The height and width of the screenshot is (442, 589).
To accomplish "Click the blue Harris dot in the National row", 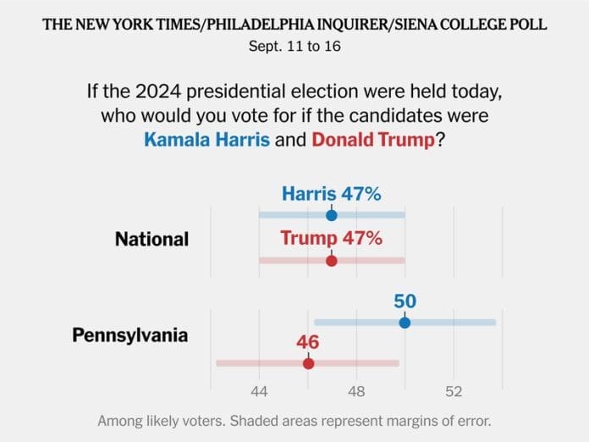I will (x=332, y=215).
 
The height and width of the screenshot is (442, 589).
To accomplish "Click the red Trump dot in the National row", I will (x=332, y=260).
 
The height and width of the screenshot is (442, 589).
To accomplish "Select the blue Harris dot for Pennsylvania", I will (x=405, y=323).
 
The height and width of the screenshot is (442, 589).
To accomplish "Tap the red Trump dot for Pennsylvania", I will (x=308, y=363).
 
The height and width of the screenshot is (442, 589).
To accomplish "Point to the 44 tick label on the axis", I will (x=259, y=392).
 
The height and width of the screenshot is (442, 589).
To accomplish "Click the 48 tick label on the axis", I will (x=356, y=392).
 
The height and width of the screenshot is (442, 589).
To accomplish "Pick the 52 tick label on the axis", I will (x=454, y=392).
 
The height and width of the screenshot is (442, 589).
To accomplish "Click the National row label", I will (x=151, y=239).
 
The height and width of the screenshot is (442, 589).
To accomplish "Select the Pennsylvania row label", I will (x=129, y=335).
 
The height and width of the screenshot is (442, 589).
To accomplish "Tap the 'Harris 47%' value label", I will (x=332, y=194).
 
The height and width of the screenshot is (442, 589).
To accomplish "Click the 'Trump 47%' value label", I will (x=331, y=238).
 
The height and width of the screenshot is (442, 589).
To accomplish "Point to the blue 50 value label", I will (x=405, y=301).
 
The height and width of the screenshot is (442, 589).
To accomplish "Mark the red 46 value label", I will (x=308, y=343).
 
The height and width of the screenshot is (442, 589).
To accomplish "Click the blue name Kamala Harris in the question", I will (x=207, y=139).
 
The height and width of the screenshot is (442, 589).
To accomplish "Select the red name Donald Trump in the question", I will (x=373, y=139).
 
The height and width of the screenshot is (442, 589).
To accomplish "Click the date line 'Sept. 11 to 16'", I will (x=294, y=47).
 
